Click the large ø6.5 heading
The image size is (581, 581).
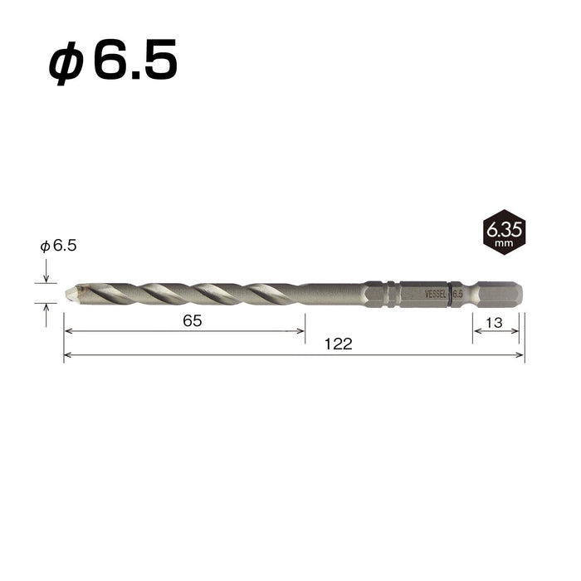click(x=113, y=63)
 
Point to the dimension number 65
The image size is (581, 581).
click(x=193, y=321)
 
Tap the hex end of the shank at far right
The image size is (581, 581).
click(x=506, y=294)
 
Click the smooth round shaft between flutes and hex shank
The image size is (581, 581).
click(x=328, y=294)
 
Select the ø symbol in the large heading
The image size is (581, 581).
click(x=65, y=65)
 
